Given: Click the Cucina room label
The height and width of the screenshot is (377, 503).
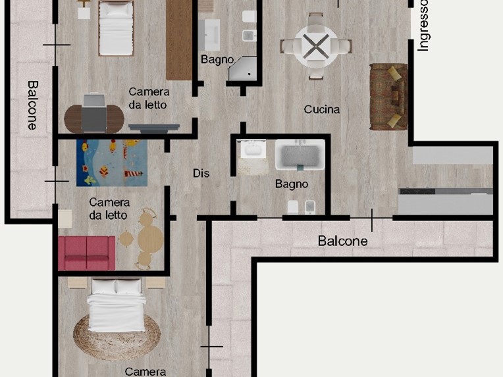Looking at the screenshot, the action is pyautogui.click(x=322, y=109).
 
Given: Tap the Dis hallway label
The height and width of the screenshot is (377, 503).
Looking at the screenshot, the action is pyautogui.click(x=201, y=174).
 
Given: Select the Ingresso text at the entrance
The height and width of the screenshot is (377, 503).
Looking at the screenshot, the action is pyautogui.click(x=423, y=26).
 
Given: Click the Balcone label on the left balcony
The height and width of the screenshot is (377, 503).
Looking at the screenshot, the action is pyautogui.click(x=32, y=105).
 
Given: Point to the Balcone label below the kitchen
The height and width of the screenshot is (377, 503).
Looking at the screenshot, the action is pyautogui.click(x=342, y=241).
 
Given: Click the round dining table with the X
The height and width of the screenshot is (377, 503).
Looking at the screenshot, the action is pyautogui.click(x=316, y=47).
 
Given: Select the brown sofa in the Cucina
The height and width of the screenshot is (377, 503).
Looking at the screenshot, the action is pyautogui.click(x=389, y=97).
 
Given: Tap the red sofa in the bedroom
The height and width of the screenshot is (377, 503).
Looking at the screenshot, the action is pyautogui.click(x=87, y=253).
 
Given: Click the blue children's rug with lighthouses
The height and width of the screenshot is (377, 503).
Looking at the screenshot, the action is pyautogui.click(x=112, y=163).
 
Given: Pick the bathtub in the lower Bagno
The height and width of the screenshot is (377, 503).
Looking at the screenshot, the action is pyautogui.click(x=300, y=155).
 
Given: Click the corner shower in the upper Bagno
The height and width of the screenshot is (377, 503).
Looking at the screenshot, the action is pyautogui.click(x=243, y=68).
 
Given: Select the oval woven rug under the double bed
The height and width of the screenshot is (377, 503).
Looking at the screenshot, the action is pyautogui.click(x=117, y=336).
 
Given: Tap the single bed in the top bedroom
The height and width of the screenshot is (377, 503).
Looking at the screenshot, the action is pyautogui.click(x=116, y=28).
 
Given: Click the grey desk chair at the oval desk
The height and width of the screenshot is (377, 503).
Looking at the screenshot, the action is pyautogui.click(x=93, y=113).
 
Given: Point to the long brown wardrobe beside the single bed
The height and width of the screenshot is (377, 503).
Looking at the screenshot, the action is pyautogui.click(x=179, y=39).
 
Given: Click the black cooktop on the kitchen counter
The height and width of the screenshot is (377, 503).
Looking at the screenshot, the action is pyautogui.click(x=417, y=191).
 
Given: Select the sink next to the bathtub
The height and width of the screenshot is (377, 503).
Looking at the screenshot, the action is pyautogui.click(x=253, y=149).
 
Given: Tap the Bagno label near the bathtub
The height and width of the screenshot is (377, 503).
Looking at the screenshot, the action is pyautogui.click(x=292, y=184).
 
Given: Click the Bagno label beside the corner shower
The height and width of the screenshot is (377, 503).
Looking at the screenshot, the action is pyautogui.click(x=217, y=60).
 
